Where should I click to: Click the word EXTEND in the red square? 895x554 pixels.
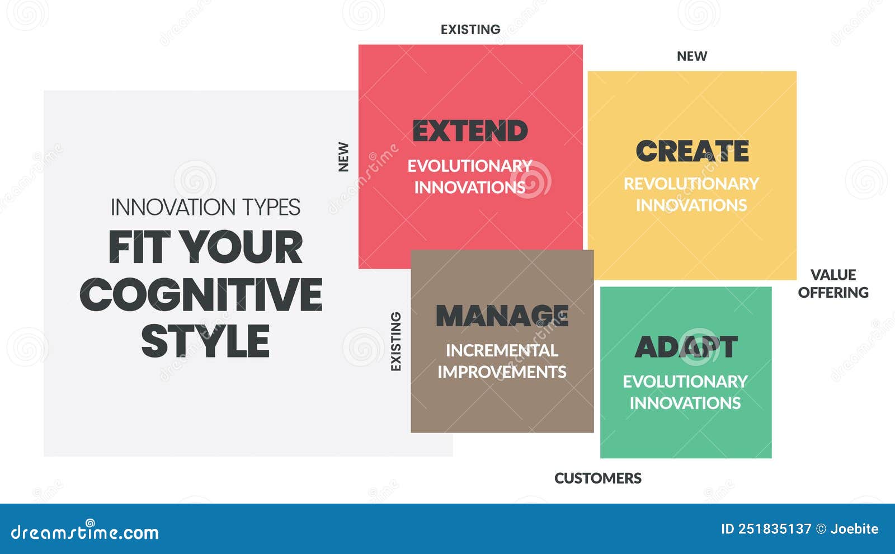[470, 132]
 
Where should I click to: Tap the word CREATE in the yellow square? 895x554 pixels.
[692, 151]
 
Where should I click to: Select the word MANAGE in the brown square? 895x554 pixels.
[502, 316]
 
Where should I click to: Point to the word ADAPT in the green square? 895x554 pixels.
[686, 348]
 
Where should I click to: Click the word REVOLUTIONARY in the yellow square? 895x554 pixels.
[691, 184]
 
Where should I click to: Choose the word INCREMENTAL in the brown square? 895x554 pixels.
[502, 350]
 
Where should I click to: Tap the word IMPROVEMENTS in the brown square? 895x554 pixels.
[502, 372]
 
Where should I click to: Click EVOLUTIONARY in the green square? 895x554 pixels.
[685, 382]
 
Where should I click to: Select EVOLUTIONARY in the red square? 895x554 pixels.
[470, 166]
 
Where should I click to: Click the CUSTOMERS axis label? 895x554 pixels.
[597, 478]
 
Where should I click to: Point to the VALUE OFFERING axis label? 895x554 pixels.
[833, 284]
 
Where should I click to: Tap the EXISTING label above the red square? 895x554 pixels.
[470, 30]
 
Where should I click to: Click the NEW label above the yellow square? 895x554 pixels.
[692, 57]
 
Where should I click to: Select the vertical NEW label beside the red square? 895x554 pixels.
[343, 157]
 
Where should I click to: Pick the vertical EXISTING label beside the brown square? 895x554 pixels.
[395, 341]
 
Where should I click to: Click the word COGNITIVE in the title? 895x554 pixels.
[201, 295]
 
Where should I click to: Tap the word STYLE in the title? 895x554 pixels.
[205, 341]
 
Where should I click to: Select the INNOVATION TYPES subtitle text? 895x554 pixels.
[205, 208]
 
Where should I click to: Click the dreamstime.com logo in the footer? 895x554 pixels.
[85, 532]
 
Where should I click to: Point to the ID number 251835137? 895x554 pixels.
[774, 529]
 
